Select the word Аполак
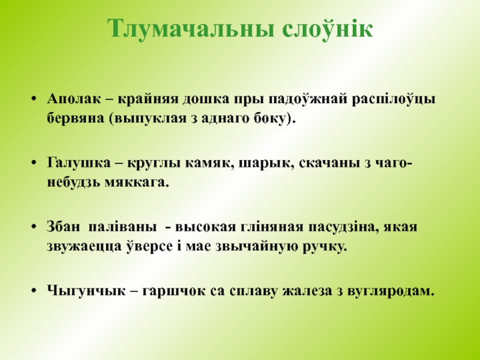pyautogui.click(x=71, y=98)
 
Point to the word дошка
pyautogui.click(x=203, y=98)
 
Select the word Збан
pyautogui.click(x=62, y=228)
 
